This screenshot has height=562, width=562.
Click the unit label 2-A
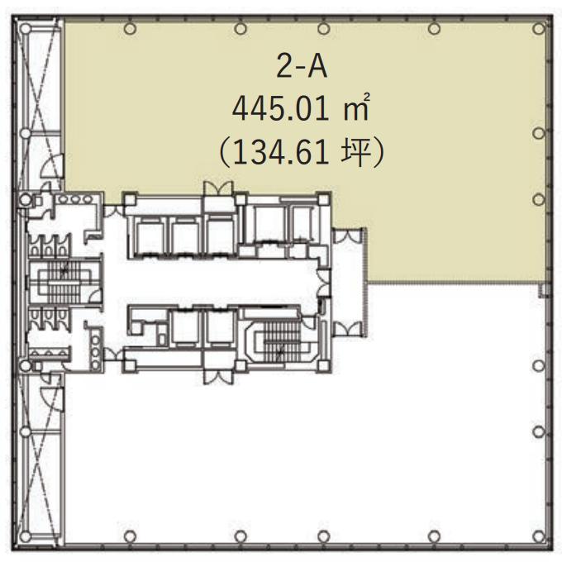click(302, 67)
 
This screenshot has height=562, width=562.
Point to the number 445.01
click(280, 109)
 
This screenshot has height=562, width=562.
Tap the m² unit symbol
click(356, 107)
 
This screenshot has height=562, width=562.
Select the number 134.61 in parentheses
click(281, 153)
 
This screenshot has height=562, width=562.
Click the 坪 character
click(355, 153)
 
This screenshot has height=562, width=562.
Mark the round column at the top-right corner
click(539, 28)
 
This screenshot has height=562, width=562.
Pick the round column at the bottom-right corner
click(539, 536)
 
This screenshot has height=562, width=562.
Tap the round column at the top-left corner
click(25, 29)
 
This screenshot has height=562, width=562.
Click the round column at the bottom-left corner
click(25, 536)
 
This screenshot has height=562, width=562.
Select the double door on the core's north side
click(218, 188)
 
